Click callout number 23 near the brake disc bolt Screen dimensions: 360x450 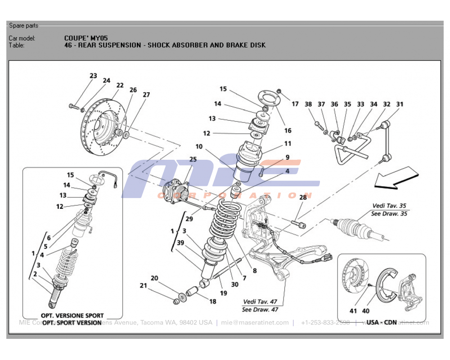(x=93, y=76)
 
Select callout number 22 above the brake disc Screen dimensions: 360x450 (x=120, y=85)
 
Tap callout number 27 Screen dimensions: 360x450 (x=146, y=95)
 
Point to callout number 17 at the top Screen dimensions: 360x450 (x=295, y=104)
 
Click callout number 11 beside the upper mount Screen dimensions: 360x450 (x=288, y=144)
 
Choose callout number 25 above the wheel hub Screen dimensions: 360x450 (x=193, y=160)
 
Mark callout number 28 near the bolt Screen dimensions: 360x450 (x=303, y=198)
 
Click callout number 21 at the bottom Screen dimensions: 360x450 (x=143, y=286)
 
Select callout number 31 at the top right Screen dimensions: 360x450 (x=400, y=104)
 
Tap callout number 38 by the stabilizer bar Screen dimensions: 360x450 (x=308, y=104)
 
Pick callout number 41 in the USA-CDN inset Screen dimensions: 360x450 (x=353, y=311)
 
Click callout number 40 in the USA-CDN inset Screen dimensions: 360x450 (x=367, y=311)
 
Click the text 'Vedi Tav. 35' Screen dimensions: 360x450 (x=389, y=206)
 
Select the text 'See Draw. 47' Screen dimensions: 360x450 (x=261, y=309)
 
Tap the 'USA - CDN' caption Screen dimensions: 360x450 (x=381, y=322)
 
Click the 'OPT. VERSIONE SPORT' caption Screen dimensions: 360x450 (x=72, y=315)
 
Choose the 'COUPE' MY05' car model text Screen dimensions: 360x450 (x=86, y=38)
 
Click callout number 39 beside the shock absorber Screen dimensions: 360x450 (x=180, y=243)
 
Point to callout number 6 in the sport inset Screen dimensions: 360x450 (x=49, y=238)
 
